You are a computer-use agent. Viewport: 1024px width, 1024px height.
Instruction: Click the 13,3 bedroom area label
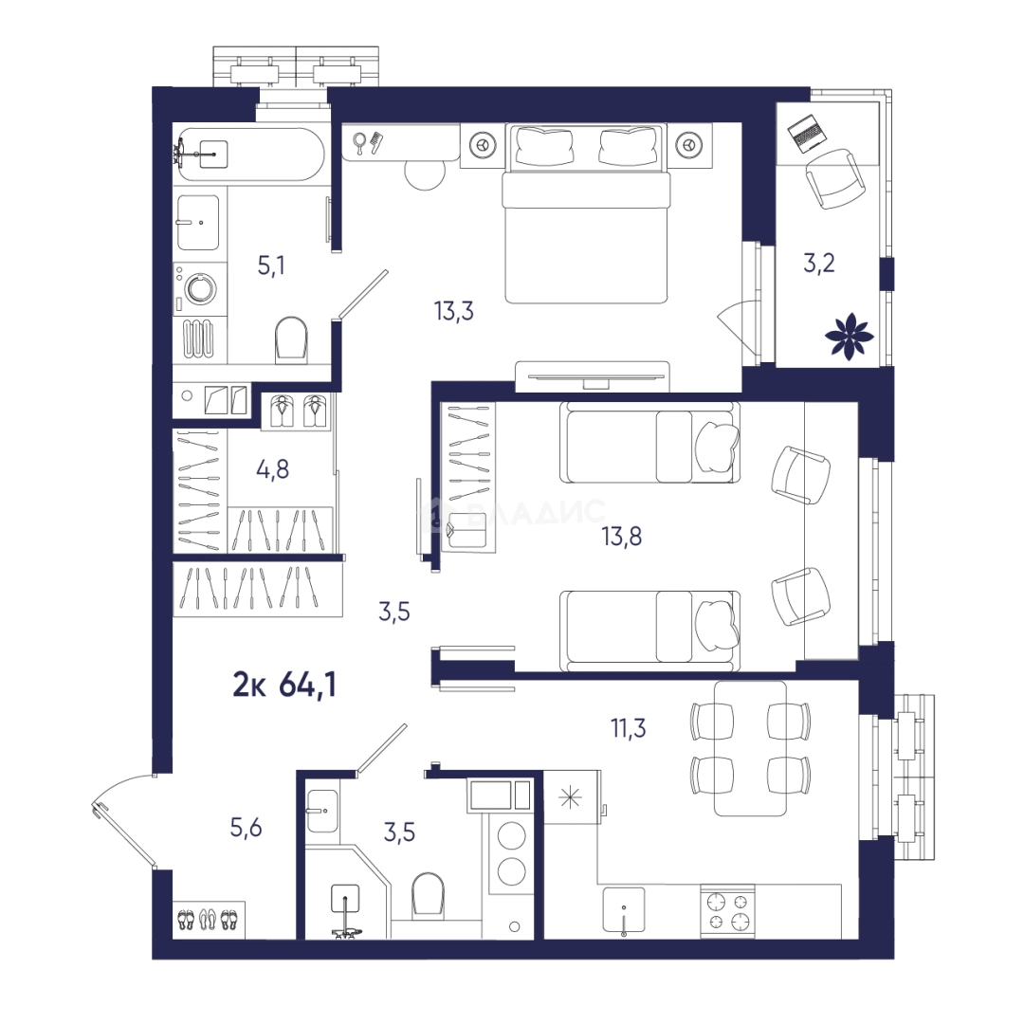(x=454, y=312)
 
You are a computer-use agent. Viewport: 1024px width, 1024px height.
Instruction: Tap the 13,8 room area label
(x=622, y=537)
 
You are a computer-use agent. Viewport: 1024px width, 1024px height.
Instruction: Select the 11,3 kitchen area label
(x=629, y=727)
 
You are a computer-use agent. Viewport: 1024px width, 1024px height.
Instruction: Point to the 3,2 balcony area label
(x=819, y=264)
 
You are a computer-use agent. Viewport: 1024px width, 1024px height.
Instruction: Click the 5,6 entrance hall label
(x=247, y=828)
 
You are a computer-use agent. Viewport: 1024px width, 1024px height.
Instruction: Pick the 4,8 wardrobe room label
(x=273, y=469)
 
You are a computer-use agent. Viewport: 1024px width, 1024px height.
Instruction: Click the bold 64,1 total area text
(x=307, y=686)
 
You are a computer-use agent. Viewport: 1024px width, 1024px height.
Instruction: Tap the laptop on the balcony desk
(x=808, y=134)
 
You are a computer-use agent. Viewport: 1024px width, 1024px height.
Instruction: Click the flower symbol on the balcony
(x=849, y=337)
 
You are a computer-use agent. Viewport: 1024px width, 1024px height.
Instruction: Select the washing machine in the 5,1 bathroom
(x=200, y=288)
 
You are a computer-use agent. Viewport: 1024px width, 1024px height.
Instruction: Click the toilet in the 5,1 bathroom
(x=291, y=339)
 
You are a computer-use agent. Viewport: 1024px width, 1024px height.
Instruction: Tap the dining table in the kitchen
(x=750, y=748)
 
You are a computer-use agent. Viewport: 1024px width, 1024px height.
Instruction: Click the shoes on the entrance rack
(x=209, y=920)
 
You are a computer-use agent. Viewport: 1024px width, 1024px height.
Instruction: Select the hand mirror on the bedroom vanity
(x=359, y=144)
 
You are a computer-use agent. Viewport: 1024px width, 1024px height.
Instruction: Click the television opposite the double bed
(x=592, y=377)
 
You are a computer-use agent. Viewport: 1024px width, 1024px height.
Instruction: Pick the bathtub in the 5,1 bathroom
(x=251, y=155)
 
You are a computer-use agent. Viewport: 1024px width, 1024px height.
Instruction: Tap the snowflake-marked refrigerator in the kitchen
(x=571, y=798)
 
